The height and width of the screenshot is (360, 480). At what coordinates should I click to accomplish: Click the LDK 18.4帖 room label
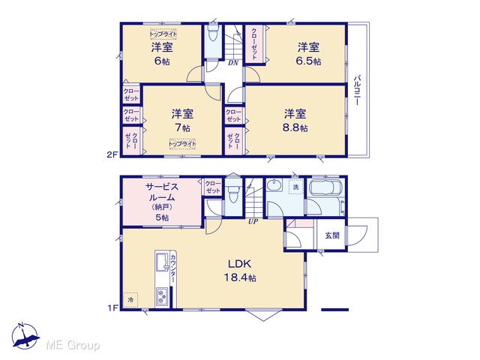(240, 271)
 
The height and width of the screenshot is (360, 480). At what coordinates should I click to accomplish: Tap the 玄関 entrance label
(332, 235)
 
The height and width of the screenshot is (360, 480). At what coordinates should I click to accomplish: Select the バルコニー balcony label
(357, 90)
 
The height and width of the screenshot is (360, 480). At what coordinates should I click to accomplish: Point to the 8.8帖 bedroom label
(295, 120)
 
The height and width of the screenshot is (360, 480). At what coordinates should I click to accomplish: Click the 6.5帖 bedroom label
(308, 54)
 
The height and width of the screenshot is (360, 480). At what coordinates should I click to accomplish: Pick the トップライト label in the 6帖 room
(163, 34)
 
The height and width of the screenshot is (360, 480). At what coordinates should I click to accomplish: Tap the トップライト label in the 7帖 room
(182, 143)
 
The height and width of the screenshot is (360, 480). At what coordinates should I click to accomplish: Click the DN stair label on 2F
(233, 63)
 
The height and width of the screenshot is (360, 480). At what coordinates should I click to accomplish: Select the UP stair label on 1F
(253, 221)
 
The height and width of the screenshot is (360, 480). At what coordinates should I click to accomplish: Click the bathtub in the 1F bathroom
(327, 187)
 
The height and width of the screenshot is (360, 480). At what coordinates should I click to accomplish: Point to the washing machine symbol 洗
(296, 187)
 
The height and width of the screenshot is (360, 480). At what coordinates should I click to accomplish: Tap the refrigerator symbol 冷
(130, 300)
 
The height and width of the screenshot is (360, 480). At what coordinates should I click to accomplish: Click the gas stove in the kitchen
(162, 297)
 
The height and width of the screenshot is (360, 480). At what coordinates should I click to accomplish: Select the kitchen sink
(162, 262)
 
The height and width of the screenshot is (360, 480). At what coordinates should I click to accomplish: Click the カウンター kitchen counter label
(173, 268)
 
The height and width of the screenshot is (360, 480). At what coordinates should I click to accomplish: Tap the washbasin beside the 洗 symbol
(274, 185)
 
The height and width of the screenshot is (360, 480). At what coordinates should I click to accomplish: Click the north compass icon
(25, 336)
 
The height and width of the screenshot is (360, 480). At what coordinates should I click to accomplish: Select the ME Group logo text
(73, 346)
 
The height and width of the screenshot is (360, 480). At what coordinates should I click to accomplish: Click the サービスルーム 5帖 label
(162, 202)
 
